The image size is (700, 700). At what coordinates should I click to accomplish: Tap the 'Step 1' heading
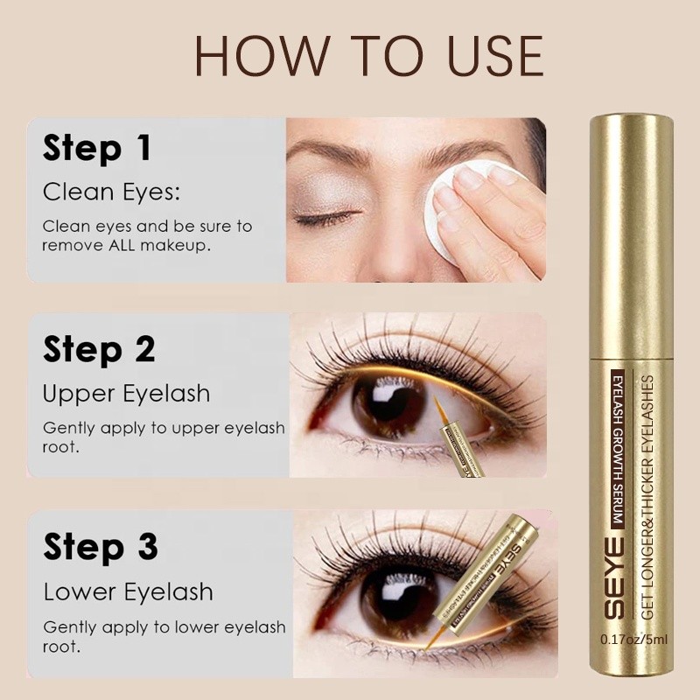pos(97,148)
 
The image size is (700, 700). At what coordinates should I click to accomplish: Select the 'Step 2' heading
pos(99,349)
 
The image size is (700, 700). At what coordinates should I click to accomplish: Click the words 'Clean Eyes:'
pos(112,192)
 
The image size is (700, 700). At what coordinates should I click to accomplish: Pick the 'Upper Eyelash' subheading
pos(127,393)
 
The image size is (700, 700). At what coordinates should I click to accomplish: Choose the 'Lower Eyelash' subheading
pos(128,591)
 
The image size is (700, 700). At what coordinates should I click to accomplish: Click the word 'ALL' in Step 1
pos(129,247)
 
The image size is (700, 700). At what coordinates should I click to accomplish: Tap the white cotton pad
pos(441,206)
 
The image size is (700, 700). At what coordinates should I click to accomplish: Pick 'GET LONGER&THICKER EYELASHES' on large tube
pos(647,490)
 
